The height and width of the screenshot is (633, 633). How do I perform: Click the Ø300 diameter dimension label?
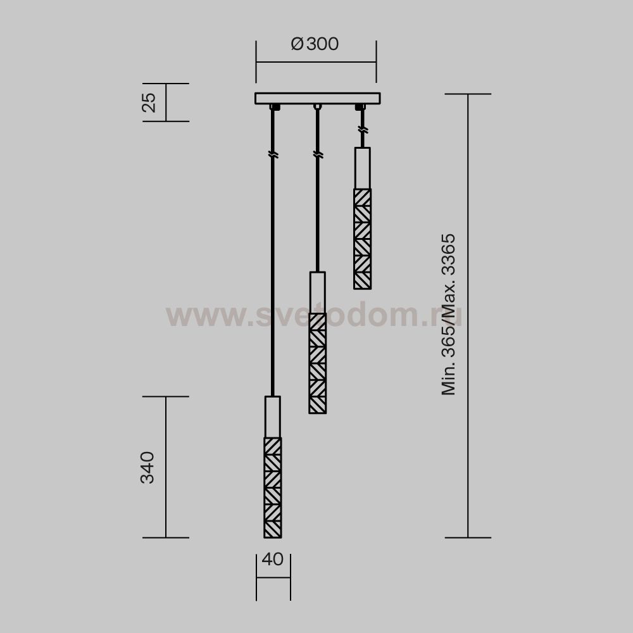tap(315, 44)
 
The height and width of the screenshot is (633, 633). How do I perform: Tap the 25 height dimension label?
tap(149, 103)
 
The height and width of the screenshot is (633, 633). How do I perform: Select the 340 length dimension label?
tap(147, 468)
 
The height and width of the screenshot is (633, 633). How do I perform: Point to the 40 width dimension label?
tap(272, 559)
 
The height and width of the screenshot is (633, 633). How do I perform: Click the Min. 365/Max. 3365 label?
tap(449, 314)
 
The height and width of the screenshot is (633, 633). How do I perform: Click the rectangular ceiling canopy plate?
tap(318, 99)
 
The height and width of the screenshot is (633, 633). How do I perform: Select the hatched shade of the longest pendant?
tap(273, 487)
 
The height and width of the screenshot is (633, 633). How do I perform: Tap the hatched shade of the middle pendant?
tap(318, 363)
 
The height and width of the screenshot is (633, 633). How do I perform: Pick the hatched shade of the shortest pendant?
tap(363, 239)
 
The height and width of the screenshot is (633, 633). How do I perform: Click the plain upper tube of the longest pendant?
tap(272, 417)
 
